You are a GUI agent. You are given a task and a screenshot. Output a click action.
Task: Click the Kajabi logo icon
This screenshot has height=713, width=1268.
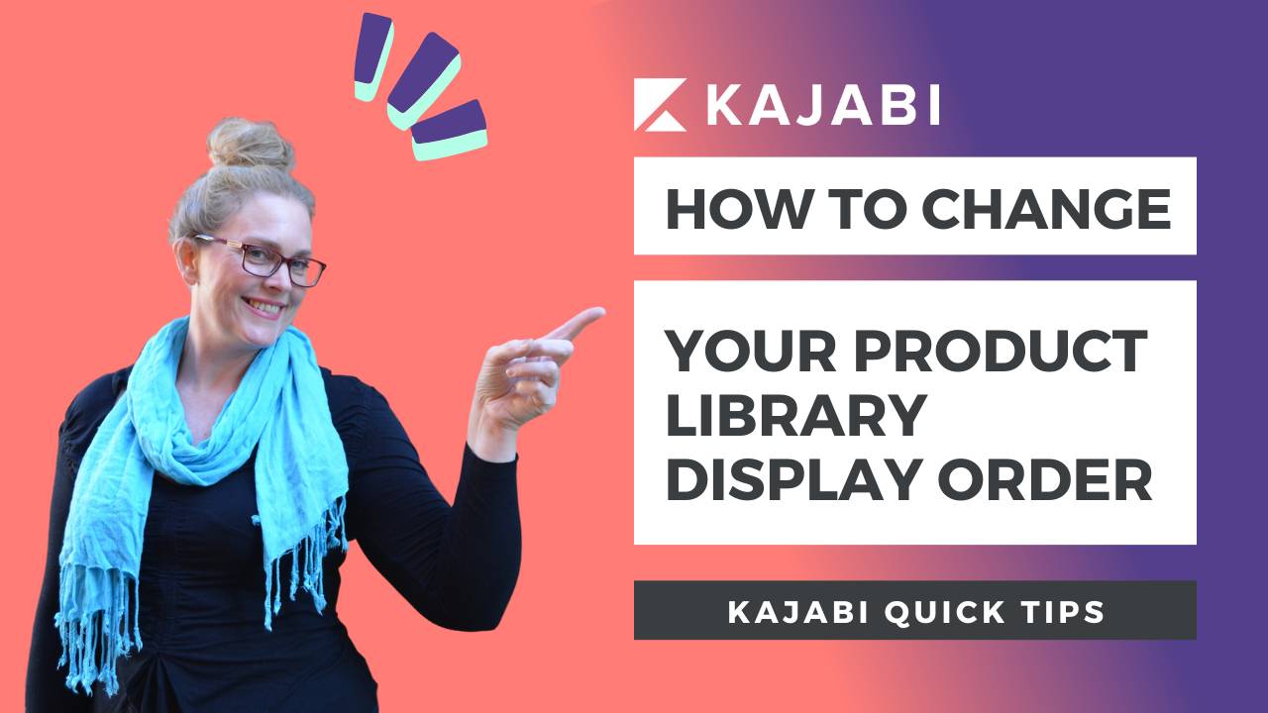[660, 105]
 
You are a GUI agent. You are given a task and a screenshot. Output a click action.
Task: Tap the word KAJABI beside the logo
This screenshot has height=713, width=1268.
[822, 104]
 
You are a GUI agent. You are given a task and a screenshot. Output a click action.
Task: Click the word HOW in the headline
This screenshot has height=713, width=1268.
[720, 208]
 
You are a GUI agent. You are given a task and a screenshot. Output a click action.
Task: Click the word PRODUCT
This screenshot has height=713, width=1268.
[1001, 352]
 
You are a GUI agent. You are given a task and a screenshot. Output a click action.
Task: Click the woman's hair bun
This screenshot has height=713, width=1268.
[250, 145]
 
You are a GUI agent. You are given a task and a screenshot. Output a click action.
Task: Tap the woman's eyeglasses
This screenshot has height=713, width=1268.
[263, 258]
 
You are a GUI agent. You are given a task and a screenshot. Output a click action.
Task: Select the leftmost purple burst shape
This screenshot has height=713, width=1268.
[374, 56]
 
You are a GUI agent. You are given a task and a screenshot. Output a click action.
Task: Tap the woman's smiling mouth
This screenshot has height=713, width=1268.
[264, 306]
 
